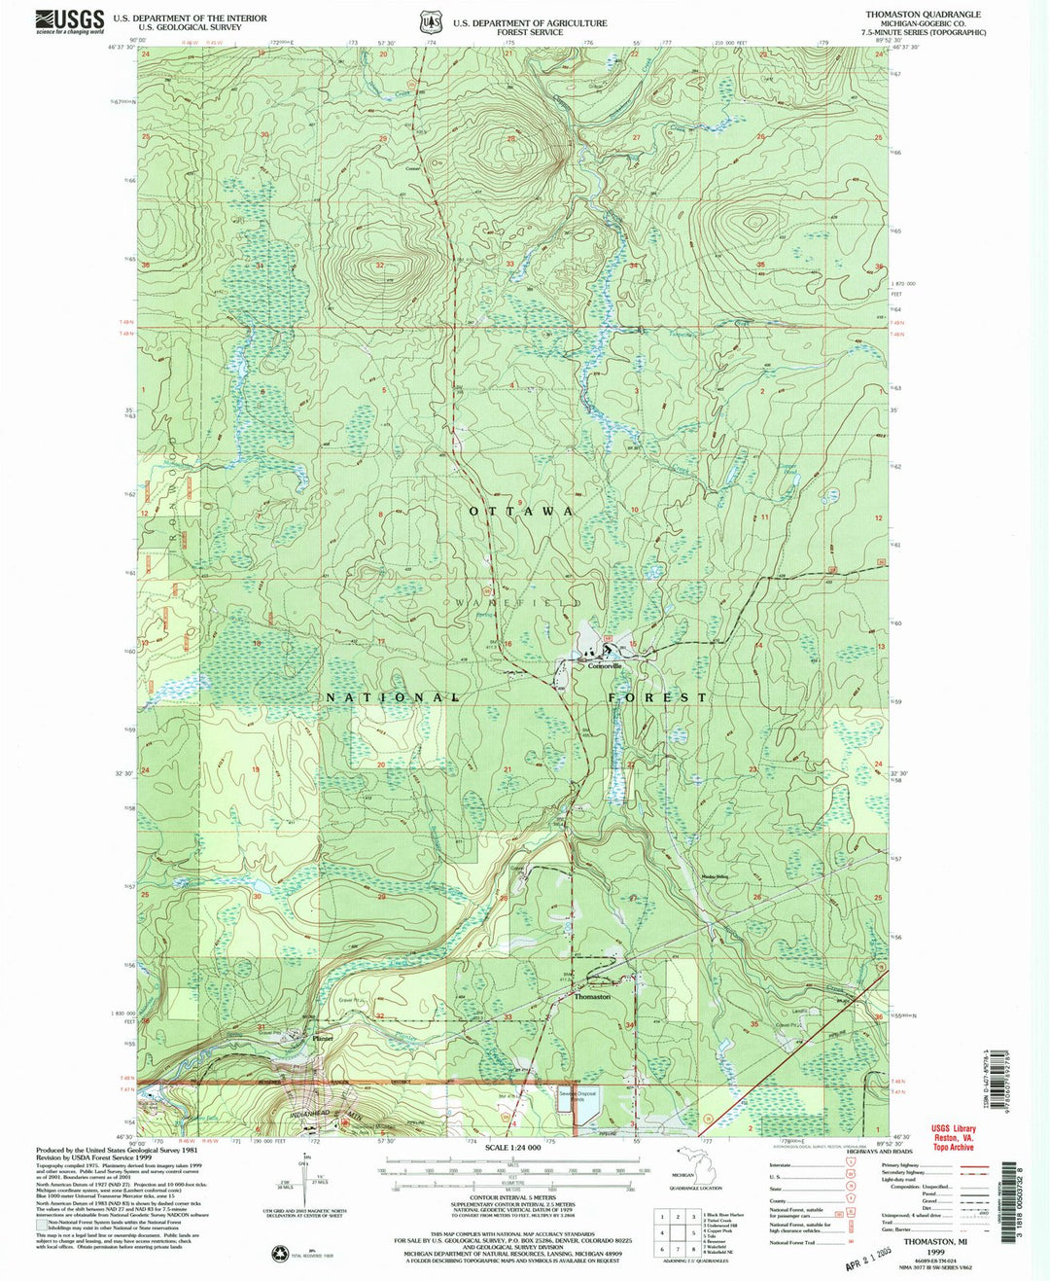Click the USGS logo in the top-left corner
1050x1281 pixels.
(x=69, y=21)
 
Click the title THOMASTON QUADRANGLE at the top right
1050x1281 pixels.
(x=917, y=15)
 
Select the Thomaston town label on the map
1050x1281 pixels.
(x=592, y=997)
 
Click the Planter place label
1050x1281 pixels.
(x=323, y=1038)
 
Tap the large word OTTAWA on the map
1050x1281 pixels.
(x=521, y=512)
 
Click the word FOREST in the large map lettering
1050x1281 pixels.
(x=658, y=697)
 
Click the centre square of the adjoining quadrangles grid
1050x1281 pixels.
(x=677, y=1233)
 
